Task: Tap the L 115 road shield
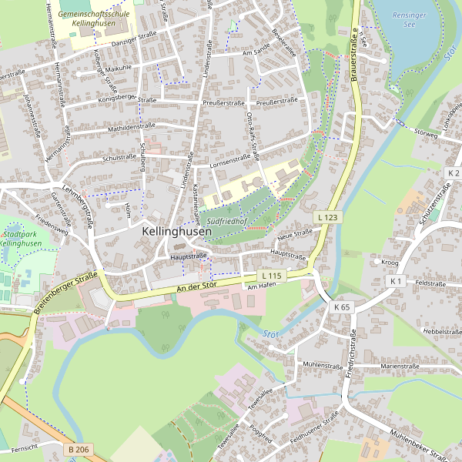(x=272, y=276)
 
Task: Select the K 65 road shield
(x=342, y=306)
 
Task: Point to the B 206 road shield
(x=78, y=449)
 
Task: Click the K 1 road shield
(x=397, y=282)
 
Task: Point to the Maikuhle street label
(x=119, y=67)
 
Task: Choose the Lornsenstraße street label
(x=229, y=161)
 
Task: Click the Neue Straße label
(x=294, y=233)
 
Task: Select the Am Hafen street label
(x=262, y=287)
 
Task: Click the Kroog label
(x=390, y=262)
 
